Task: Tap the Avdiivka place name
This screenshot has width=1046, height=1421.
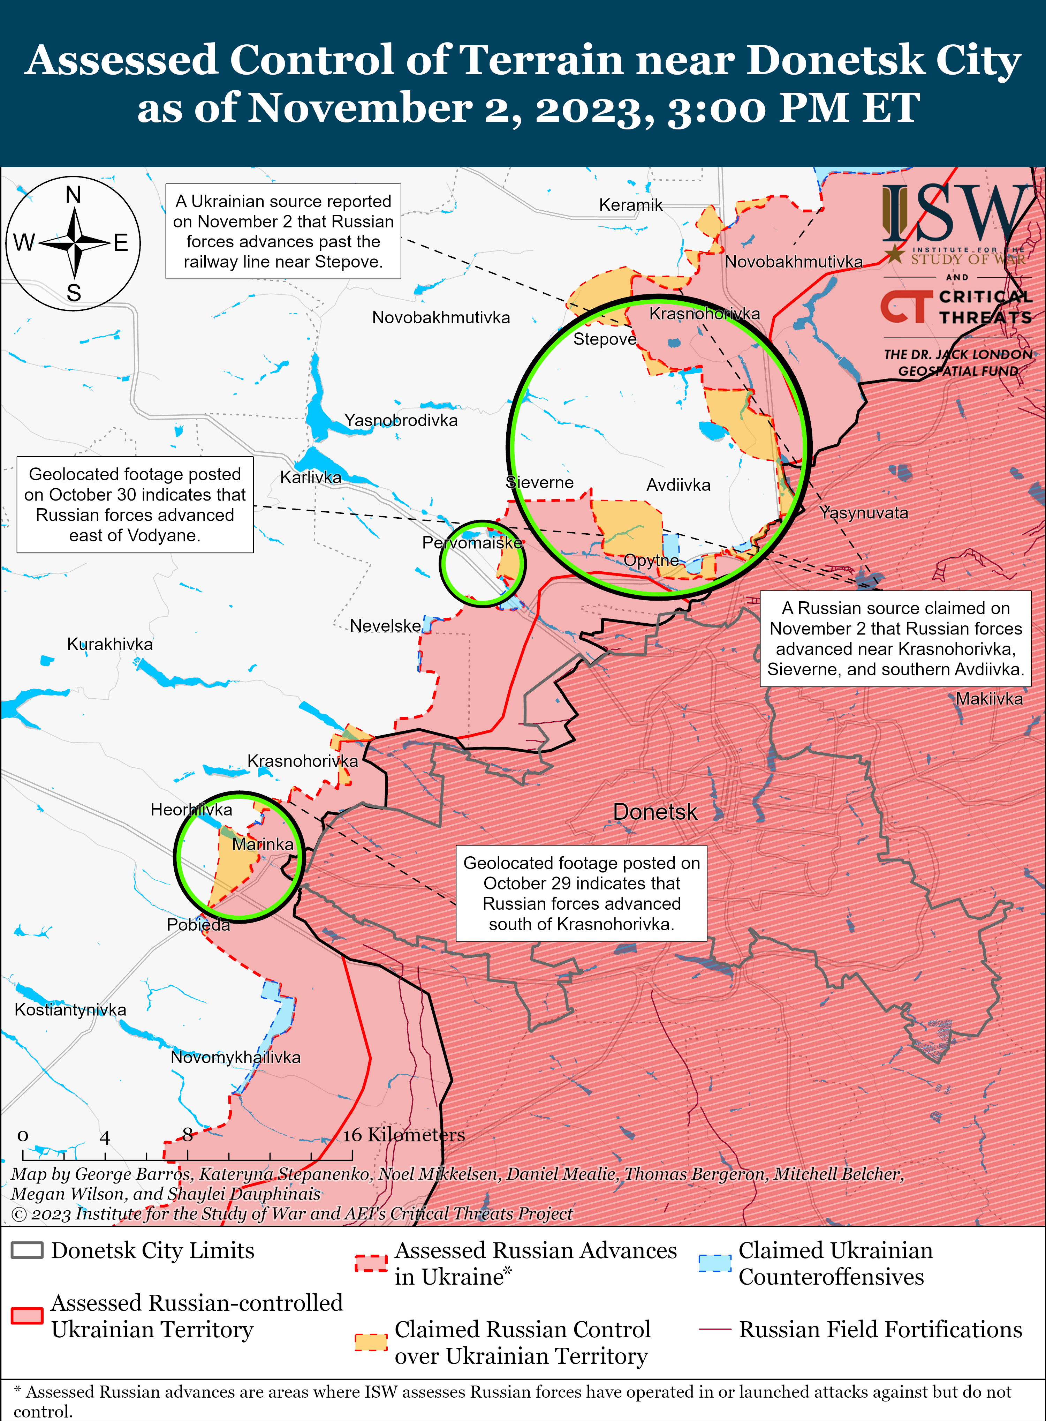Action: coord(678,485)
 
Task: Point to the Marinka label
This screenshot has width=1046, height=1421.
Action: coord(263,844)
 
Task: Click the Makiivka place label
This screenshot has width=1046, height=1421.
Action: coord(989,699)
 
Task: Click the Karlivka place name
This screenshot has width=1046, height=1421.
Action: coord(311,478)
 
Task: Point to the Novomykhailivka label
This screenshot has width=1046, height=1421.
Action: coord(236,1057)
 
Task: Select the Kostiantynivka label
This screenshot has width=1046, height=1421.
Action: coord(70,1009)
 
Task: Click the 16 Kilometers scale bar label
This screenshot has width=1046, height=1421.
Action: coord(404,1134)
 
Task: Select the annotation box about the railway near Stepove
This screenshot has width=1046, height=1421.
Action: coord(283,231)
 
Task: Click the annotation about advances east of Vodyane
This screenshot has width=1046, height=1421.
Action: coord(135,505)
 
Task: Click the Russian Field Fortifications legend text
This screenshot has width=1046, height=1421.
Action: coord(880,1329)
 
